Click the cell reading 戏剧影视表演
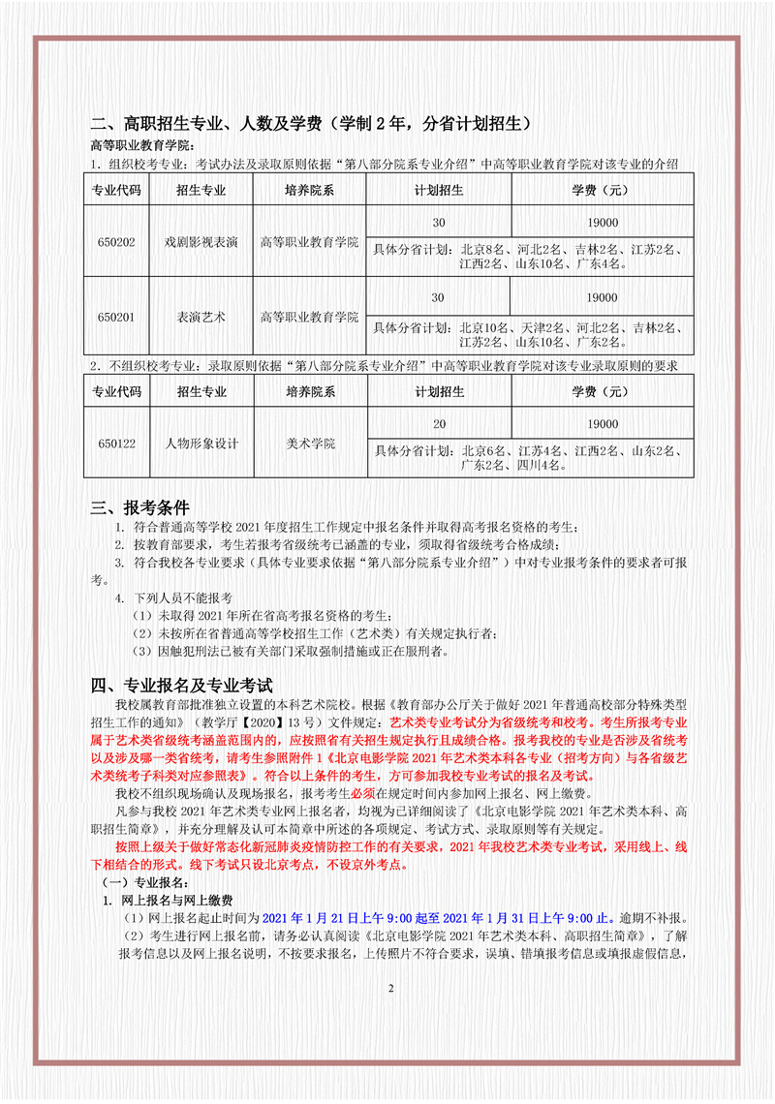(201, 241)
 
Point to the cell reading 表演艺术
(201, 317)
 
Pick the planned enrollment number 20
(439, 424)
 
